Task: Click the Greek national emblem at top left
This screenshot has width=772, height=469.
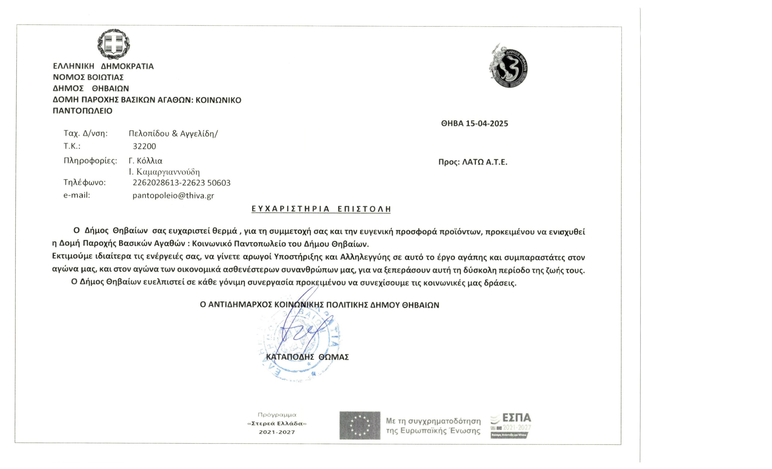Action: coord(113,44)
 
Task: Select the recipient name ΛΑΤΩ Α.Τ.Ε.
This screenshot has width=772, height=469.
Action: coord(485,162)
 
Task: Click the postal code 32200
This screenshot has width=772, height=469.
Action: coord(144,146)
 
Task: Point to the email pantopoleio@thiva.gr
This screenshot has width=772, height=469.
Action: coord(173,196)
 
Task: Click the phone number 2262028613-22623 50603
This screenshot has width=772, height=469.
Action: coord(182,183)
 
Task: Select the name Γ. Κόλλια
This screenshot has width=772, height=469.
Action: coord(145,161)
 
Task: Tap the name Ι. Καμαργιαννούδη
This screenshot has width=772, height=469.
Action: coord(164,172)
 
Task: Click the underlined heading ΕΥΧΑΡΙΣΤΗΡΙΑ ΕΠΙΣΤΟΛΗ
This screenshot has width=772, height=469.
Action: coord(321,209)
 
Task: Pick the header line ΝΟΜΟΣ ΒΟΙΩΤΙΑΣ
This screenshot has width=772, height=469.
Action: coord(88,77)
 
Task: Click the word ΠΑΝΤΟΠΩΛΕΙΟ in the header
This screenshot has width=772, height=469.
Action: coord(82,111)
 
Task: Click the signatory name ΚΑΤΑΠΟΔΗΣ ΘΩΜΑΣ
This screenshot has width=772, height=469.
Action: coord(307,357)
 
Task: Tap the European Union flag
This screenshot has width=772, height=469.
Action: coord(360,426)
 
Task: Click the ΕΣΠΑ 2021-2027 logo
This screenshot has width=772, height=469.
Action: coord(511,425)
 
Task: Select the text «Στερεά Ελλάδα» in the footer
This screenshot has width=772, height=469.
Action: coord(277,423)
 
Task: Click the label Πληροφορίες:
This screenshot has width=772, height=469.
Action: coord(90,161)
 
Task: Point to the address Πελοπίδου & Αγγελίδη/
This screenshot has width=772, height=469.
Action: coord(173,134)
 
